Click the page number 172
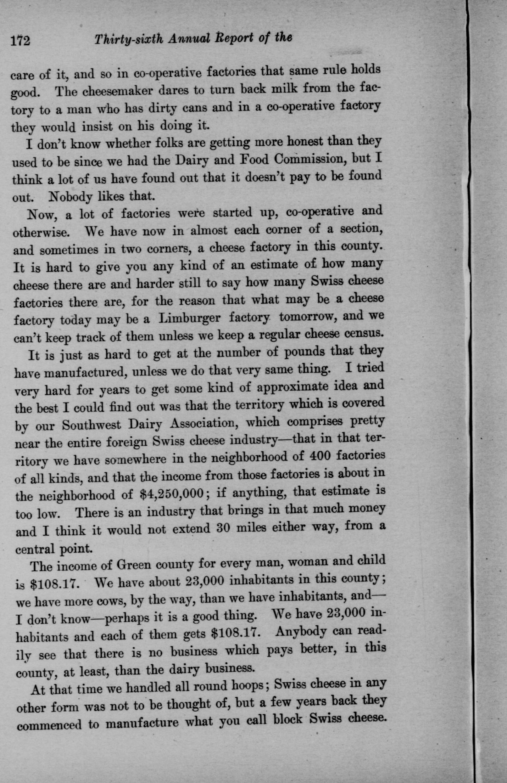point(20,41)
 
